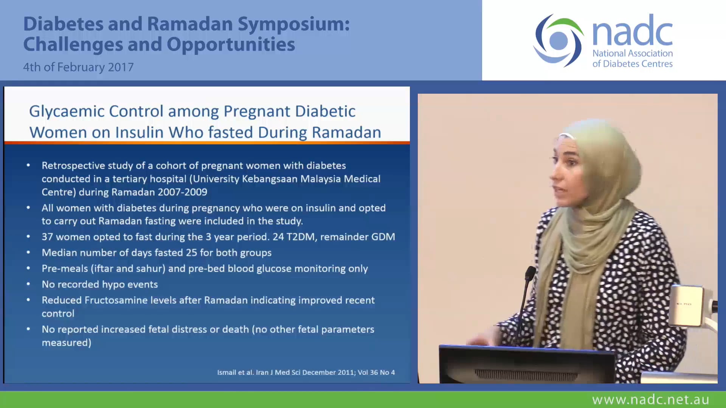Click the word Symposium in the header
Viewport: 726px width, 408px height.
coord(293,24)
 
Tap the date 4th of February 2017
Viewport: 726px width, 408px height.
coord(78,67)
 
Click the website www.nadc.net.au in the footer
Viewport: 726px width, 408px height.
coord(650,400)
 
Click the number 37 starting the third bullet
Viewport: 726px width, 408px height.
coord(47,237)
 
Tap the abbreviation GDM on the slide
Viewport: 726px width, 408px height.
coord(383,237)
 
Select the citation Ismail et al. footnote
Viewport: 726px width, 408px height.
coord(306,372)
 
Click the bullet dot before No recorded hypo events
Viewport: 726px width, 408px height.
coord(28,284)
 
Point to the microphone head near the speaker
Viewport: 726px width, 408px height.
coord(531,273)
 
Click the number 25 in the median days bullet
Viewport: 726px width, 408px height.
coord(191,253)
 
